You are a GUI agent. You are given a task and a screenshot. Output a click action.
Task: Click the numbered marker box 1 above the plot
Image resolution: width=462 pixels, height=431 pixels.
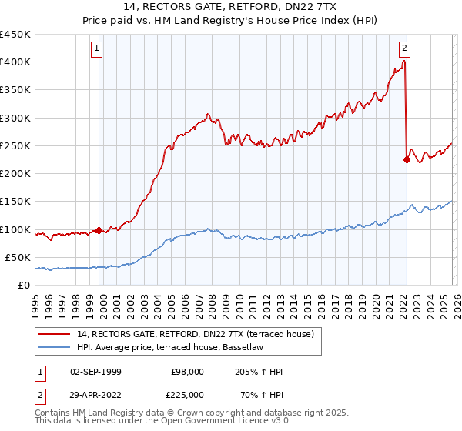click(x=98, y=48)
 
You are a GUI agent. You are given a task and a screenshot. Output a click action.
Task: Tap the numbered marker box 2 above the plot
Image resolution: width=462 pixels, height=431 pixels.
click(x=404, y=48)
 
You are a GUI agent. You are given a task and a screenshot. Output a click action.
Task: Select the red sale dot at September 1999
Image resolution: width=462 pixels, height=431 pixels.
click(x=99, y=230)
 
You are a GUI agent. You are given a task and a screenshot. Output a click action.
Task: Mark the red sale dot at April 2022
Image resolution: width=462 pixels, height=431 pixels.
click(x=407, y=160)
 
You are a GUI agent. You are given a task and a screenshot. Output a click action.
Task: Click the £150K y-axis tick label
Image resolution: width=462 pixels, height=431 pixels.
click(x=16, y=202)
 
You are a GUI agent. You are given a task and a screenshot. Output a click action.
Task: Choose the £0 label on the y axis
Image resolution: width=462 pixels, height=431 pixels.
click(x=24, y=285)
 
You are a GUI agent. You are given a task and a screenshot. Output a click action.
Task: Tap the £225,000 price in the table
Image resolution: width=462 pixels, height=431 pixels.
click(x=187, y=394)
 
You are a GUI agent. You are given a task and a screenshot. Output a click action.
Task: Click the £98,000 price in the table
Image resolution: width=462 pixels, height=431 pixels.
click(x=187, y=372)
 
